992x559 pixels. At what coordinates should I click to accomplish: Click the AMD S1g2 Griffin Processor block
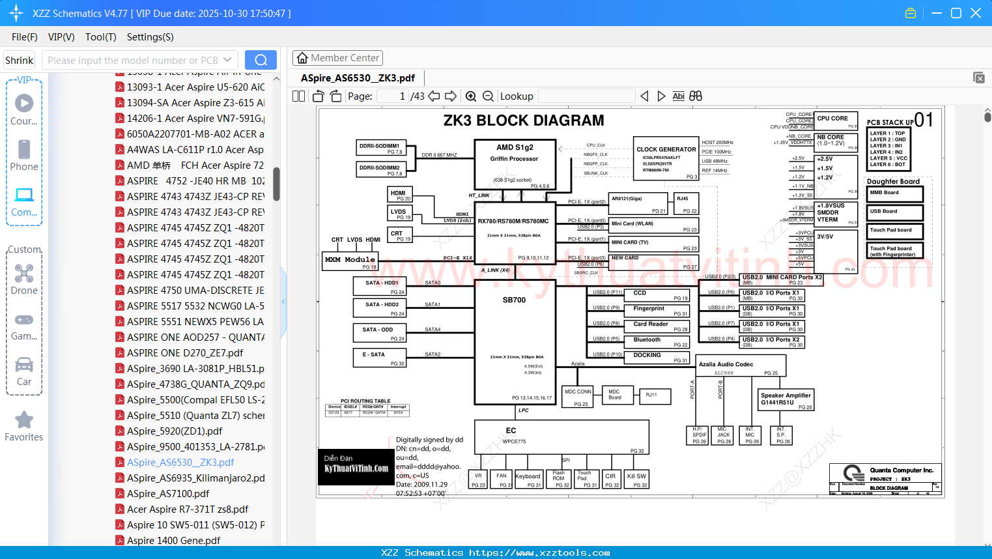click(515, 164)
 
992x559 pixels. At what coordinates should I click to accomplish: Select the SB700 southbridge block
click(515, 345)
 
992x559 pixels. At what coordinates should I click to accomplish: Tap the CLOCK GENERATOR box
click(666, 158)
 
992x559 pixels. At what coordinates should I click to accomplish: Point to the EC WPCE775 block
click(561, 437)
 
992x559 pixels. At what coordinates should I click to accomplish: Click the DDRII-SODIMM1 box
click(381, 149)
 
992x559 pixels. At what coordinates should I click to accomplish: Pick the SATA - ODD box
click(380, 333)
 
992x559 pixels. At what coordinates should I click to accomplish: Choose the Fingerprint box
click(660, 311)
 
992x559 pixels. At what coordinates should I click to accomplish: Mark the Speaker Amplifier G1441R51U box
click(786, 400)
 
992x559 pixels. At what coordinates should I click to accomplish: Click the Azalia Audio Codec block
click(741, 367)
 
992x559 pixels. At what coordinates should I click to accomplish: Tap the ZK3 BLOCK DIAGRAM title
click(524, 121)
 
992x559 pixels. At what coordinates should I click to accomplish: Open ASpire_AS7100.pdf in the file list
click(168, 494)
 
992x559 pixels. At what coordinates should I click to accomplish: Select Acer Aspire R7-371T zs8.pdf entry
click(188, 509)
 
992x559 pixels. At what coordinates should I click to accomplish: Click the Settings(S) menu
click(150, 37)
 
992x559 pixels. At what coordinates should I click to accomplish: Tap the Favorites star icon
click(24, 420)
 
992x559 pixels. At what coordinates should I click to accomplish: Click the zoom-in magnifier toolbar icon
click(471, 96)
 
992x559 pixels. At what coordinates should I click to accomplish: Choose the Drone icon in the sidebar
click(24, 274)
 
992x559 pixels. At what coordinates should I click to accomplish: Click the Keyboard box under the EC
click(528, 479)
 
